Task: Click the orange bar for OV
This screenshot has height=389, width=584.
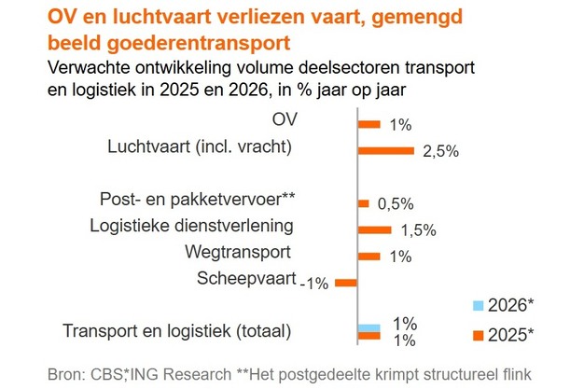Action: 369,124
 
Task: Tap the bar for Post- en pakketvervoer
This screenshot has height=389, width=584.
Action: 364,203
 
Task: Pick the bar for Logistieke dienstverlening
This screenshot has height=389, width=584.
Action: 375,229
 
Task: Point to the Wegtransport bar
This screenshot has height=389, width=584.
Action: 369,256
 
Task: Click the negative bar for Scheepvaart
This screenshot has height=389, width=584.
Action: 346,282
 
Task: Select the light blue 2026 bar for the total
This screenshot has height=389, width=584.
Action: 369,326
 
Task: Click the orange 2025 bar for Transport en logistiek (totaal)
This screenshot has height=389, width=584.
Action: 369,338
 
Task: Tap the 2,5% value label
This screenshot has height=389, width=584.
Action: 440,153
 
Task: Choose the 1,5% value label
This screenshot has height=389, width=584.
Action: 418,231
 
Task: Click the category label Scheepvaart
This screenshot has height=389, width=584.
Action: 246,278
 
